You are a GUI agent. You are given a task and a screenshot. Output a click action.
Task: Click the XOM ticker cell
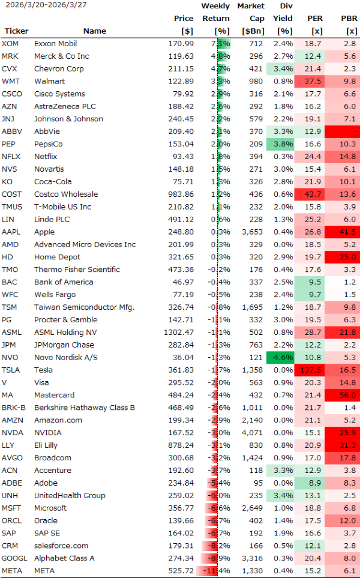(10, 44)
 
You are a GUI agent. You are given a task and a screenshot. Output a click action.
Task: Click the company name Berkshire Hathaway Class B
(85, 408)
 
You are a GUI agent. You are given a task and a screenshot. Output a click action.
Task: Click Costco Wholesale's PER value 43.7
(312, 194)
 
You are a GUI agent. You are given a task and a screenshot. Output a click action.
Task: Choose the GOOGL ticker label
(14, 558)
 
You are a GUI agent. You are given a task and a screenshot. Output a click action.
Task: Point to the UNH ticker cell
(11, 496)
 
